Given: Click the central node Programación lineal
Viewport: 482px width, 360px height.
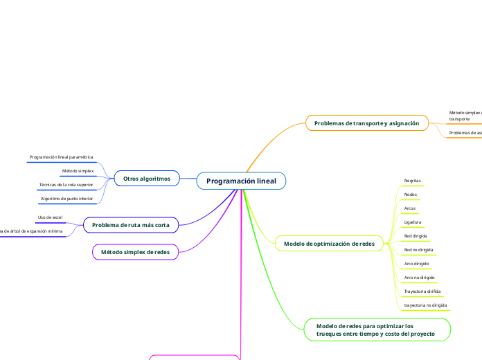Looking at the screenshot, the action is [241, 181].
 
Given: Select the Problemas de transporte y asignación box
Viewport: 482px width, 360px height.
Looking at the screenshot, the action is [366, 123].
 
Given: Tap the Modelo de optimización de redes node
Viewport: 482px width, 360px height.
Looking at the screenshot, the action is [329, 243].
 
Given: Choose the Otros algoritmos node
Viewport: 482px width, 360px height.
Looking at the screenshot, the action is [146, 179].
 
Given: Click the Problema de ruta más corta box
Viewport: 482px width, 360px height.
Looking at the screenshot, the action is [131, 224].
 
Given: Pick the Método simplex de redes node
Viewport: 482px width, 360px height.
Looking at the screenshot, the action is [135, 252].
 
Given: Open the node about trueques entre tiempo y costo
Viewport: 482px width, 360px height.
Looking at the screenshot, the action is [375, 330].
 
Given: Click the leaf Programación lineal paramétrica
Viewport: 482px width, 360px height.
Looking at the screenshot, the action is [61, 157].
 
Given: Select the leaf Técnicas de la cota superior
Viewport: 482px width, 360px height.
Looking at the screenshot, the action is [66, 185].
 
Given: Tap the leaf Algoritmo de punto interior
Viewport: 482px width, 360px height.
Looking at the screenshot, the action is [67, 199].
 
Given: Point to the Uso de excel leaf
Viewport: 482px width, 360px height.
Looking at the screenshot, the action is [50, 217].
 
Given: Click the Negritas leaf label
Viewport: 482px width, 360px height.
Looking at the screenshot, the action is [413, 180].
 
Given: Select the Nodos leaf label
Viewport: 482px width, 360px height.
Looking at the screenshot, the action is [410, 194].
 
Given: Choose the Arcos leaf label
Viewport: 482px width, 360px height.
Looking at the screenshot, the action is [410, 208].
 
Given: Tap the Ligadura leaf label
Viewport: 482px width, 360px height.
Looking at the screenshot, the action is [413, 222].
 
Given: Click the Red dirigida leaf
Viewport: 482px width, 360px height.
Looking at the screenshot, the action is [416, 235].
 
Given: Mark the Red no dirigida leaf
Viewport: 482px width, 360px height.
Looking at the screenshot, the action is [418, 249].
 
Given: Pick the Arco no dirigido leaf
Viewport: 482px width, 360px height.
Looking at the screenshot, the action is [419, 277].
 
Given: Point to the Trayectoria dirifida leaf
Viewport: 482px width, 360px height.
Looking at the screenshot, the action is [422, 291].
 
